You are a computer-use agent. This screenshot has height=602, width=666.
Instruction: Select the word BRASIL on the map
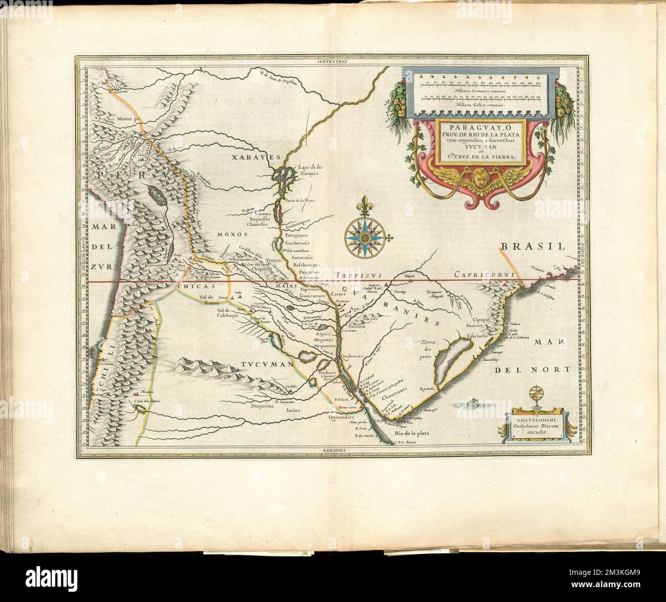532,247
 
